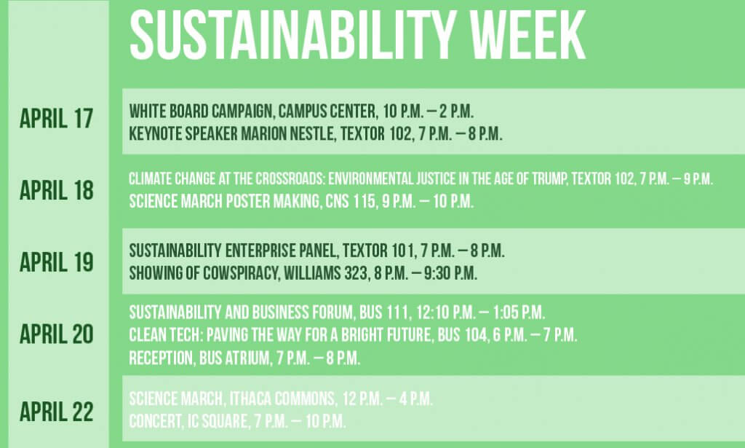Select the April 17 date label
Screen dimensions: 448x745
57,118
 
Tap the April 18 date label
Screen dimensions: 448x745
57,190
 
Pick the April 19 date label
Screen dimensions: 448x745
57,262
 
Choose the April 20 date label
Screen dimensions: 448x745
57,334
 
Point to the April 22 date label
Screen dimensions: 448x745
57,412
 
